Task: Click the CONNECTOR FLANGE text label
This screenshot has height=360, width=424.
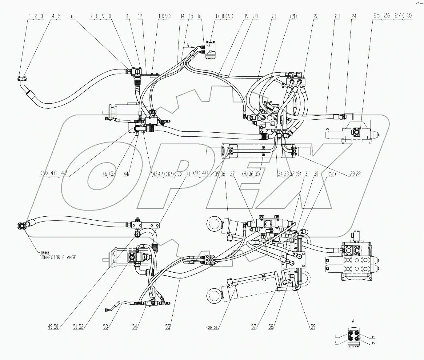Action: (58, 257)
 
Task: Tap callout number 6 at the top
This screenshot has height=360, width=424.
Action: (72, 17)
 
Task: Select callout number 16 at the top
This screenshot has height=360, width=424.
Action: (199, 17)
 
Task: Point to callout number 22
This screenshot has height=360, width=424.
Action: (316, 17)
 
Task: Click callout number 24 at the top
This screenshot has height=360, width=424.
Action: (354, 17)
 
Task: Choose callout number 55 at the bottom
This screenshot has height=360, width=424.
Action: (168, 327)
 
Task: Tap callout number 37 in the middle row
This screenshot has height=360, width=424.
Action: (232, 174)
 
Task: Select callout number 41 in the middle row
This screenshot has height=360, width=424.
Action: (188, 174)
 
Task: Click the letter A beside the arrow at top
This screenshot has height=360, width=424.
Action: (187, 45)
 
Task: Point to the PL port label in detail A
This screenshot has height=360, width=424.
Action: (374, 337)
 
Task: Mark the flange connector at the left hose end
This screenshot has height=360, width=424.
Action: (22, 227)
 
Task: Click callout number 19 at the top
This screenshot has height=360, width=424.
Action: (246, 17)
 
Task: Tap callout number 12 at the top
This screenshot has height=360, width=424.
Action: (140, 17)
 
